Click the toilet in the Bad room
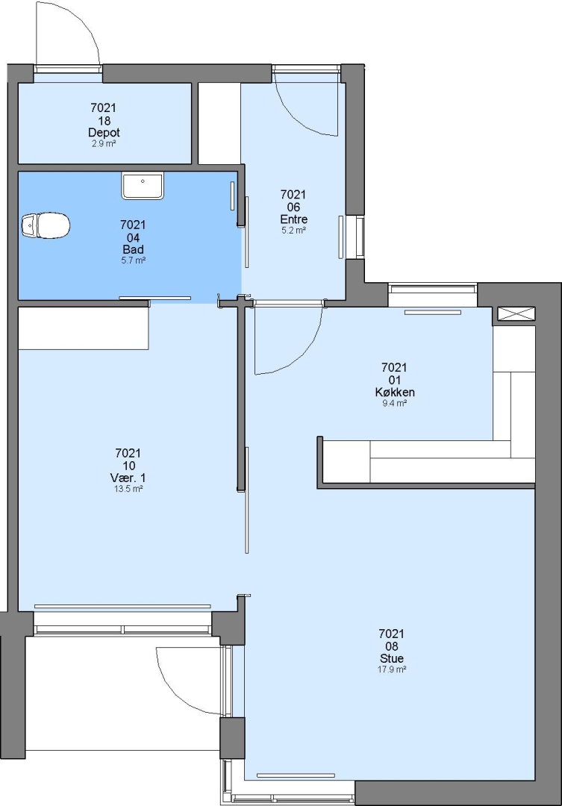46,225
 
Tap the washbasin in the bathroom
143,186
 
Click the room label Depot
104,133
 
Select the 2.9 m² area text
104,144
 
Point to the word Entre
293,219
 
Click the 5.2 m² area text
293,231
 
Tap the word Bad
133,250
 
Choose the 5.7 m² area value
133,260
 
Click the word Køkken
395,393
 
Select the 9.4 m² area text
395,404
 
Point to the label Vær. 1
128,478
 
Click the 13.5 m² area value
128,490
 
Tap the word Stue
392,658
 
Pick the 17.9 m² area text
392,669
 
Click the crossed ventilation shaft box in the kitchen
516,314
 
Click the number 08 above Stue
392,646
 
